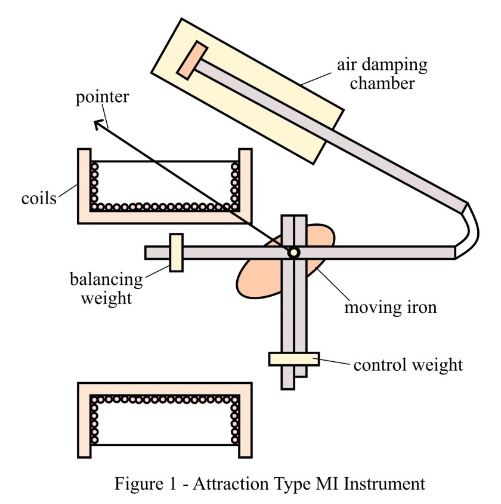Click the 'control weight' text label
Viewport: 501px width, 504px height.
[x=407, y=364]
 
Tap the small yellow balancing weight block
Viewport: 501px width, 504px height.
[x=175, y=253]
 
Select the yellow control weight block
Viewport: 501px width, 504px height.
[x=293, y=359]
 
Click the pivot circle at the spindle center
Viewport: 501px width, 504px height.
[x=293, y=253]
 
